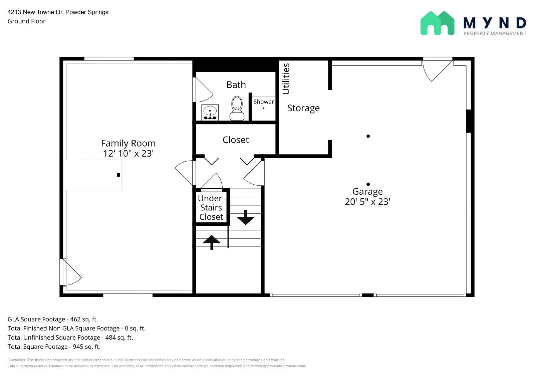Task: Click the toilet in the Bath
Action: pos(237,108)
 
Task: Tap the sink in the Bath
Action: pos(210,112)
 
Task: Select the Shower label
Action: pos(263,102)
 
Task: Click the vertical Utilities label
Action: pos(286,79)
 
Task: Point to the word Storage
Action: pos(303,108)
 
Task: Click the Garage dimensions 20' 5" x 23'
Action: pos(367,202)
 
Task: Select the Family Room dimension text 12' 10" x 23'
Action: pos(128,153)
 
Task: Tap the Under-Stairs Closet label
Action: pos(211,207)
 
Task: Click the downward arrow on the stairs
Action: pos(246,217)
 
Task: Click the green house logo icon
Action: pos(437,23)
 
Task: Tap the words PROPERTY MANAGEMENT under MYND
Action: pos(494,33)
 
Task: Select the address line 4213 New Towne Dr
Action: pos(58,12)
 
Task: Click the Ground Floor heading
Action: pos(26,21)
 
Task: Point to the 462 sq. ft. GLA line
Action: pos(53,319)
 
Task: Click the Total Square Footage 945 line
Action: pos(54,347)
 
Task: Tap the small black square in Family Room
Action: pos(118,175)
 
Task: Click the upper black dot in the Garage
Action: pos(368,136)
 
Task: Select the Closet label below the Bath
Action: pos(236,140)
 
